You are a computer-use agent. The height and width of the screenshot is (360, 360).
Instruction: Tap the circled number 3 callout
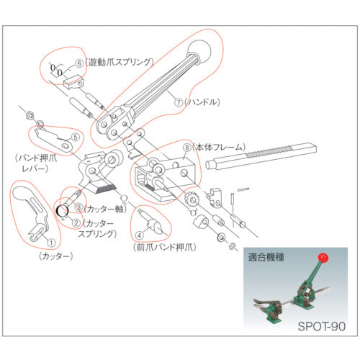click(78, 207)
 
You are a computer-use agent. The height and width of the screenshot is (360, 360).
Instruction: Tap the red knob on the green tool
click(322, 258)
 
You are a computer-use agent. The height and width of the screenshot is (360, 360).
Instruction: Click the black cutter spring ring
click(63, 211)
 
